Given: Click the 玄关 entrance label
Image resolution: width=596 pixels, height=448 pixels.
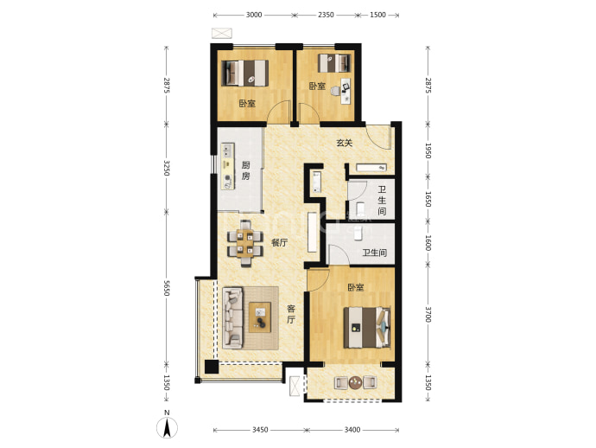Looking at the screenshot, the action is [x=345, y=143].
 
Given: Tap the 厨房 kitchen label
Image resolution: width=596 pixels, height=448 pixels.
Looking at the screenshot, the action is [x=246, y=170].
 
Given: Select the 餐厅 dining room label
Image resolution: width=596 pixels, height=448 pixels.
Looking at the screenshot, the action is [x=279, y=243].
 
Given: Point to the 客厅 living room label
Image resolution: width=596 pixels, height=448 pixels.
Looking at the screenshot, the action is [x=291, y=314].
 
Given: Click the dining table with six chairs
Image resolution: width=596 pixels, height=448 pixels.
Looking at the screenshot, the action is [x=245, y=243].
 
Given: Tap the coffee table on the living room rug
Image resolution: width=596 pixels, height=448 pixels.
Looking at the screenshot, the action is [x=260, y=317].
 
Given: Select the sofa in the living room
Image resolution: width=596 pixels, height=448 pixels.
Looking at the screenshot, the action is [x=232, y=317].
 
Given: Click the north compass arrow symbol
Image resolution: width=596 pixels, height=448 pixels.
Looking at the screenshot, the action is [x=167, y=427].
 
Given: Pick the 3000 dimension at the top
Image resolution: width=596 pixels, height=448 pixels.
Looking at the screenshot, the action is [x=254, y=15].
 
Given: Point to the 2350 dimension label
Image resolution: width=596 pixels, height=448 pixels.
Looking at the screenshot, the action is [x=326, y=15].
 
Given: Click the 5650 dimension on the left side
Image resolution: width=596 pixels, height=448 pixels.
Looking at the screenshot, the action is [x=166, y=288].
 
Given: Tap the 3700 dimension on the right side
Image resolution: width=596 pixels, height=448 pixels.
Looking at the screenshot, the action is [x=428, y=315].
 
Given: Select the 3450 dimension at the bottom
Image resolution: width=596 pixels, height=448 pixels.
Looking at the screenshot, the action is [x=260, y=430].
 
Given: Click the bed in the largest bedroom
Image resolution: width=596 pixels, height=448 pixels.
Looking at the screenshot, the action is [x=367, y=328].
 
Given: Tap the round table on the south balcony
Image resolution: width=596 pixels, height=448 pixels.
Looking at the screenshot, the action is [x=356, y=382].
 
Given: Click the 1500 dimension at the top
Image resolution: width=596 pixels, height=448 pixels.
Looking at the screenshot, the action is [x=377, y=15].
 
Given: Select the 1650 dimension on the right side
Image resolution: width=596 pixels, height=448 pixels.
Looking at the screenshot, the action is [x=428, y=199].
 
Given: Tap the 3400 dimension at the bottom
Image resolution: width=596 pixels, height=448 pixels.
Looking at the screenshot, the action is [x=352, y=430].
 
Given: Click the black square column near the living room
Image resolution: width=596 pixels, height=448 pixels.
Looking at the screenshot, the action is [x=212, y=367].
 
